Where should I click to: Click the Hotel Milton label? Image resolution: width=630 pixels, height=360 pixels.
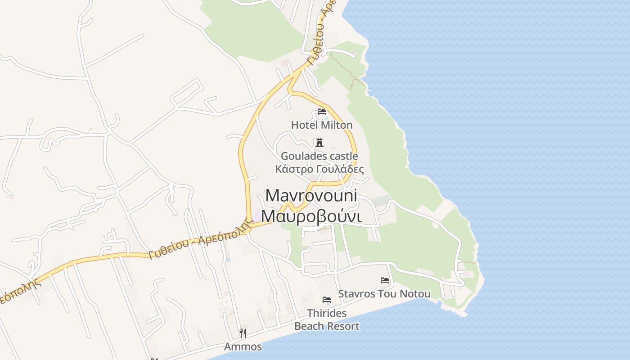click(322, 125)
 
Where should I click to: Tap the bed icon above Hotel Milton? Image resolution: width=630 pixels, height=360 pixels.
click(322, 111)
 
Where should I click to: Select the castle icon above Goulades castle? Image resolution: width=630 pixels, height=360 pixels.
click(319, 143)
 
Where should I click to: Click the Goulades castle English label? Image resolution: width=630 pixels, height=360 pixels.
click(319, 156)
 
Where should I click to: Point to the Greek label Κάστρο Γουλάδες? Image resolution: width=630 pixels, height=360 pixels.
click(319, 169)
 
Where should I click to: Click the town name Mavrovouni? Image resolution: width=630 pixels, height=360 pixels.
click(311, 195)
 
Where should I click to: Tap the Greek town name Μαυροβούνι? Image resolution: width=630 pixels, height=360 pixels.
click(311, 216)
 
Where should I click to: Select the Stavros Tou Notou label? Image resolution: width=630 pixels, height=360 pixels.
click(384, 294)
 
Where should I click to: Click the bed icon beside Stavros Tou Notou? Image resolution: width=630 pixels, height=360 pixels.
click(385, 280)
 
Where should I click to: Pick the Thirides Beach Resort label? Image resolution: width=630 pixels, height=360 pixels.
click(327, 319)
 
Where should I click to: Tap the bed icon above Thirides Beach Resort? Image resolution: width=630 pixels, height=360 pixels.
click(327, 299)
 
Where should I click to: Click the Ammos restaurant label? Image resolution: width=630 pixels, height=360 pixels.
click(243, 346)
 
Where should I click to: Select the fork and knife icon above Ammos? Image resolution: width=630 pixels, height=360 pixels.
click(243, 333)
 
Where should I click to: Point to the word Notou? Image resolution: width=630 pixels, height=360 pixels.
click(416, 294)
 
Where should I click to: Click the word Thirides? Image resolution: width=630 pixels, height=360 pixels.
click(327, 313)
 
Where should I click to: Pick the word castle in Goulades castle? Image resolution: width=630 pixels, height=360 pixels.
click(343, 156)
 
